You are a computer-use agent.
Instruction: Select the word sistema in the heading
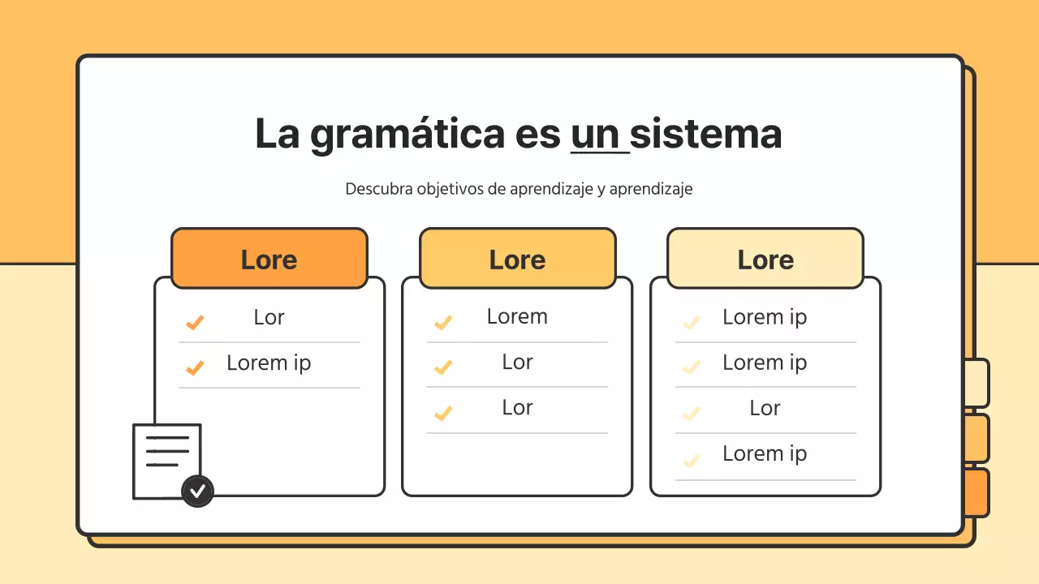705,135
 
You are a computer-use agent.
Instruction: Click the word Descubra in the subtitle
378,189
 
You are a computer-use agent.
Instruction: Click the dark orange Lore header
269,259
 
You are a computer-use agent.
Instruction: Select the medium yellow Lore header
517,259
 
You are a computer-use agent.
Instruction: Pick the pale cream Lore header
765,259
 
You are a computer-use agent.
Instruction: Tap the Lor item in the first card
269,317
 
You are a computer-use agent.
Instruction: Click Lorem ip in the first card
269,363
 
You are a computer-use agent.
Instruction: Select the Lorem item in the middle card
517,316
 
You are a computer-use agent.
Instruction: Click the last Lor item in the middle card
517,407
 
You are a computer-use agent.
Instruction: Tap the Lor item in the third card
765,408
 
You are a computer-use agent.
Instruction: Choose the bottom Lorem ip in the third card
765,453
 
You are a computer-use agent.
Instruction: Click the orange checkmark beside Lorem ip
195,368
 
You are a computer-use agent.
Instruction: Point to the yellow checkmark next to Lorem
442,323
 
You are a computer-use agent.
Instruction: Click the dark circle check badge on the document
197,491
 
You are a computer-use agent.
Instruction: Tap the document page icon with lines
165,458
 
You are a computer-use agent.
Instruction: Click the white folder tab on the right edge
976,383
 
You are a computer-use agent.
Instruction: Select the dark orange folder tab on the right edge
976,492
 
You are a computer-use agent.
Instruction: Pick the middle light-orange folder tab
976,438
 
